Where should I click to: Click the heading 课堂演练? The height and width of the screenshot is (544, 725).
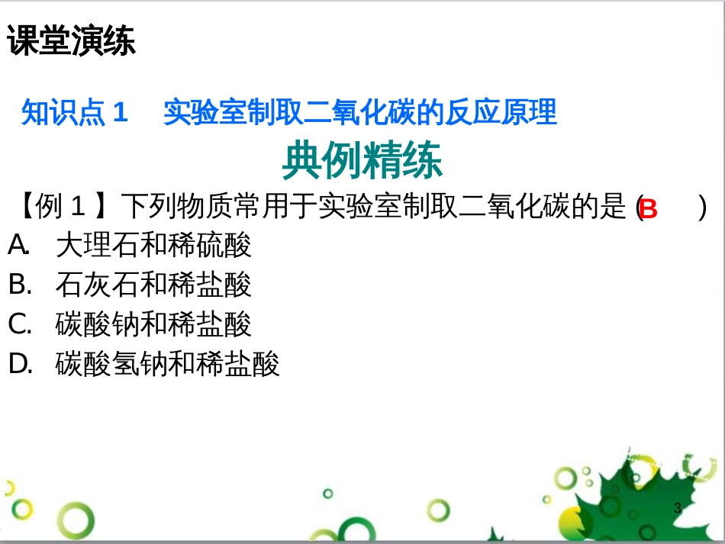point(72,42)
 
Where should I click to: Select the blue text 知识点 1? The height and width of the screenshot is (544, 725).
point(74,113)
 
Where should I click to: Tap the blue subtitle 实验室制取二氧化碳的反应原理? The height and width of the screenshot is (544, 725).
point(359,113)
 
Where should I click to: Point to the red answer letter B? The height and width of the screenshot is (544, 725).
point(648,208)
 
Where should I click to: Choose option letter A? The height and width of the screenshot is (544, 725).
point(18,245)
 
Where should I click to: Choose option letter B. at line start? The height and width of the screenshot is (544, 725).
point(20,285)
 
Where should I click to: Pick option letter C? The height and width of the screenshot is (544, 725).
point(20,324)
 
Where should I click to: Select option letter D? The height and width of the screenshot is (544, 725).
point(20,364)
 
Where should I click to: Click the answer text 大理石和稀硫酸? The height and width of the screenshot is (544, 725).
point(153,245)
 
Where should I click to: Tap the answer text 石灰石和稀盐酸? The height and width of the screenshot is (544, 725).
point(153,285)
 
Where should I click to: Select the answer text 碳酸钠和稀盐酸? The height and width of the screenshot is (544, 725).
point(153,324)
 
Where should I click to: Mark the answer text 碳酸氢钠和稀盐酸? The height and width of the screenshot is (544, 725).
point(168,364)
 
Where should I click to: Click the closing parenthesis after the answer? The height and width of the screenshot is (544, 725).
point(702,207)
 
